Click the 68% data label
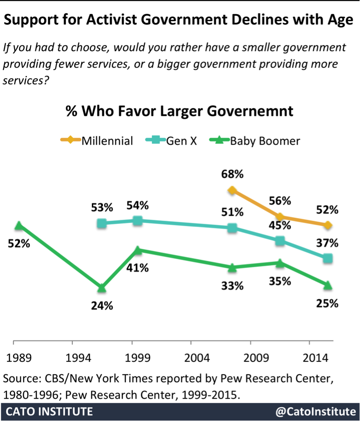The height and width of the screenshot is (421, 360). (232, 174)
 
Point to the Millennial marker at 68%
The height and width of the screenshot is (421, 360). (232, 190)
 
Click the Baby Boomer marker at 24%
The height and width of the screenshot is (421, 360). (102, 288)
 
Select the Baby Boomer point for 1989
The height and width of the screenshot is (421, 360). (18, 226)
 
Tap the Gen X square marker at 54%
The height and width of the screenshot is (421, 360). (137, 220)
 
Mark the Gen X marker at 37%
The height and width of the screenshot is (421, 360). (327, 258)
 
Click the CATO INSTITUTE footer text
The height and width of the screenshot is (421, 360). (49, 412)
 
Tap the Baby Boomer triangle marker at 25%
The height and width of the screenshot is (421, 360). (327, 286)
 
